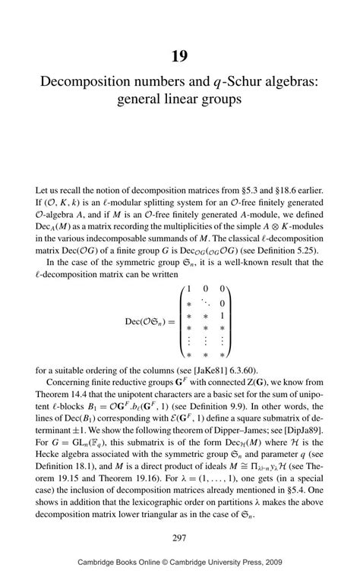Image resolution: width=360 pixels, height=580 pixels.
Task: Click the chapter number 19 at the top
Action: [179, 56]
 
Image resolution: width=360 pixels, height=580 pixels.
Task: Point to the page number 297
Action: [179, 537]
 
